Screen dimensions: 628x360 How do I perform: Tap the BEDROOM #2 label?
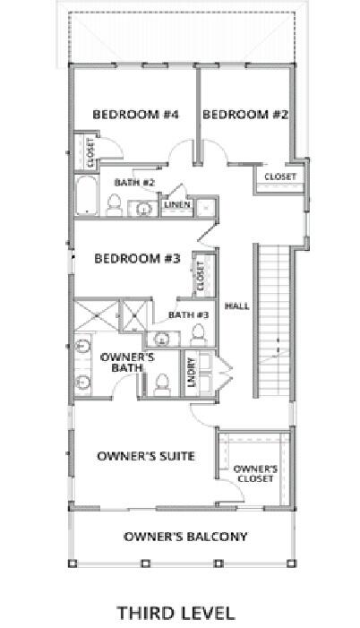[x=244, y=115]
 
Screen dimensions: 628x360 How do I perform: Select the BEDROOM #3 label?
[x=138, y=259]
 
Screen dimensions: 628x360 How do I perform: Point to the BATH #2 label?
[x=134, y=183]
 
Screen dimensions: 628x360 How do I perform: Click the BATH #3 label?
[x=188, y=314]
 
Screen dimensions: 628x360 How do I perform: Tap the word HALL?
[x=236, y=305]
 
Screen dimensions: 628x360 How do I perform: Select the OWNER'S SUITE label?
[x=146, y=456]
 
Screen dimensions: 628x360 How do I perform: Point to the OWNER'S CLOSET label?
[x=255, y=473]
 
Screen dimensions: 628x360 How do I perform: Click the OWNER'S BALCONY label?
[x=184, y=537]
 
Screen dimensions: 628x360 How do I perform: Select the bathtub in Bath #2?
[x=86, y=197]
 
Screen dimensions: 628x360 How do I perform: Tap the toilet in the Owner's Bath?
[x=162, y=383]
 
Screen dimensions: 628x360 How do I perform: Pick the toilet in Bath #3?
[x=199, y=335]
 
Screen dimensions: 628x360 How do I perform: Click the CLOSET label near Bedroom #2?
[x=280, y=176]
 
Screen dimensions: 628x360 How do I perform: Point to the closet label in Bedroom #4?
[x=90, y=152]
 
